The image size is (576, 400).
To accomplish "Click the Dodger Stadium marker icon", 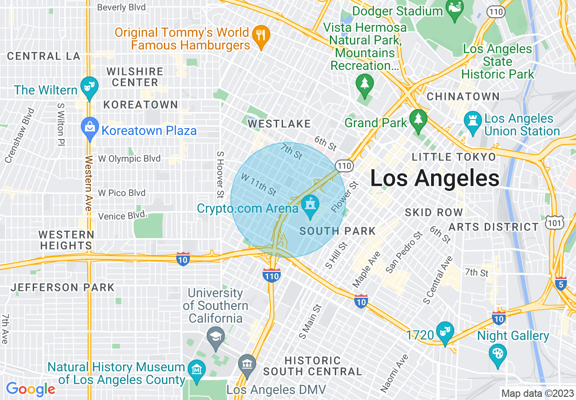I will click(x=454, y=11).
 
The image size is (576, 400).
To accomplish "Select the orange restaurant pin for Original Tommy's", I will click(x=261, y=36).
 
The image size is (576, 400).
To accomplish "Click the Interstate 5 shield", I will click(x=561, y=284).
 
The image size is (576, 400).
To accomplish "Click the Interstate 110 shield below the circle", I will click(x=271, y=275).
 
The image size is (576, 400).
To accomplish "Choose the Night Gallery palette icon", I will click(x=498, y=355).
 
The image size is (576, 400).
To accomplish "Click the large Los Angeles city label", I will click(x=435, y=178).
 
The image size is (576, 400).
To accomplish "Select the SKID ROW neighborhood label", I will click(x=433, y=212).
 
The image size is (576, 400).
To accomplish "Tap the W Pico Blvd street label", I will click(x=122, y=193).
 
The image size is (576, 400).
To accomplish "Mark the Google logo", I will click(x=30, y=390).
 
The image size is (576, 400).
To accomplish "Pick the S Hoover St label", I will click(x=220, y=175).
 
